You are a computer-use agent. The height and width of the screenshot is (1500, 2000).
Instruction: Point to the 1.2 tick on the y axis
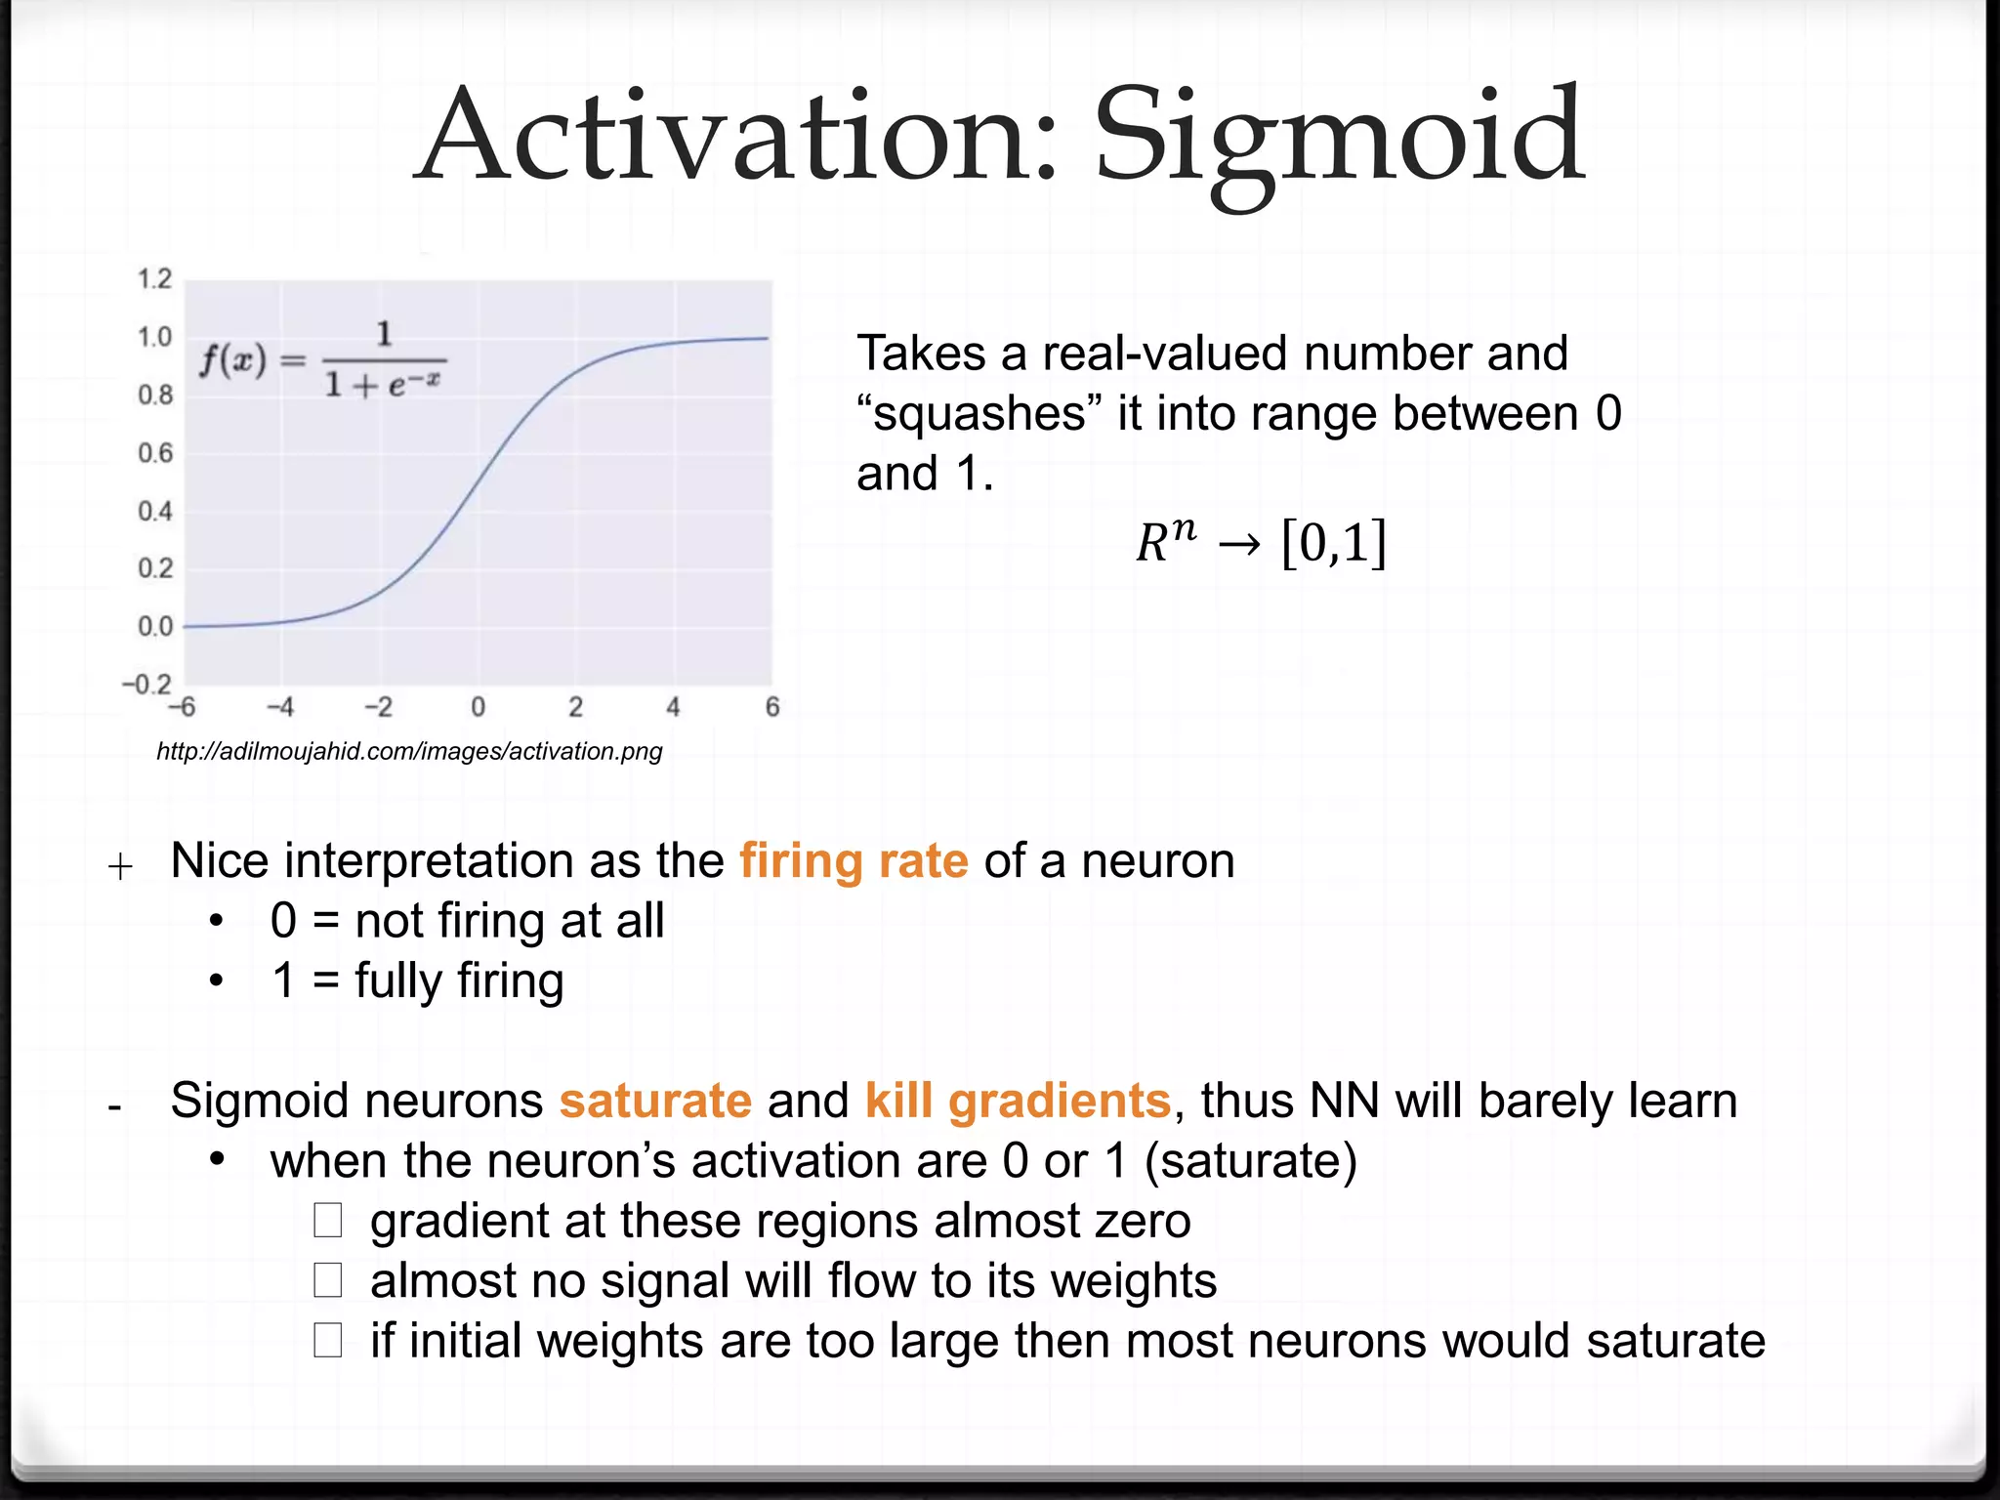pyautogui.click(x=154, y=279)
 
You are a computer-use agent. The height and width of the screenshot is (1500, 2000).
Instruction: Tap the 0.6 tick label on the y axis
pyautogui.click(x=154, y=453)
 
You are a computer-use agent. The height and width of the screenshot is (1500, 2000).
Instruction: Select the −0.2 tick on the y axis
pyautogui.click(x=146, y=684)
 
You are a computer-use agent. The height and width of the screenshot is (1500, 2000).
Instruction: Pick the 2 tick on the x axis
pyautogui.click(x=576, y=707)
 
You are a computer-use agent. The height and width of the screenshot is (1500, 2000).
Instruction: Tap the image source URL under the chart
pyautogui.click(x=409, y=751)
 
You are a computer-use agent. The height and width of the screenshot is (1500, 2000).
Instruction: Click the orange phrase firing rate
pyautogui.click(x=854, y=861)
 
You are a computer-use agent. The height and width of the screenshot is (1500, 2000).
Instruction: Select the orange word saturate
pyautogui.click(x=655, y=1101)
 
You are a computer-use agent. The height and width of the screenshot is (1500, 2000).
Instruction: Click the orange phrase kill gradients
pyautogui.click(x=1018, y=1101)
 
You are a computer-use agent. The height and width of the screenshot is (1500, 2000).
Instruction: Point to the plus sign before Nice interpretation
pyautogui.click(x=120, y=866)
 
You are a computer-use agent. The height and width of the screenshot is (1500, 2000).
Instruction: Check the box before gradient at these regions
pyautogui.click(x=328, y=1221)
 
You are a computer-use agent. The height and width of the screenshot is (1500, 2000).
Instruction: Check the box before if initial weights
pyautogui.click(x=328, y=1341)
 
